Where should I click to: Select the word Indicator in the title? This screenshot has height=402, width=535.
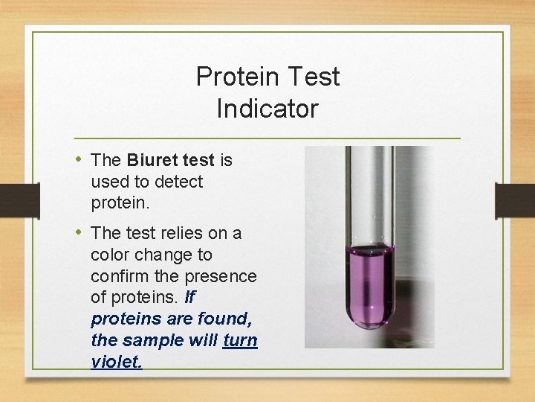(267, 109)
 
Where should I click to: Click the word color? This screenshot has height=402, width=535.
(110, 255)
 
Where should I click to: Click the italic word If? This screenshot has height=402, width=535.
(189, 298)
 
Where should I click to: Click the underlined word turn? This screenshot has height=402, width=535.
(240, 340)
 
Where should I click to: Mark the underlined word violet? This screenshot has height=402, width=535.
(115, 362)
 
